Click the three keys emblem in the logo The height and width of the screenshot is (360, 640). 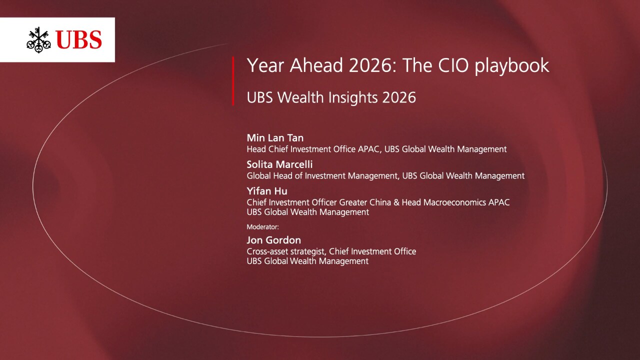(x=39, y=40)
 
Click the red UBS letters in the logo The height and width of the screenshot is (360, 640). (x=79, y=39)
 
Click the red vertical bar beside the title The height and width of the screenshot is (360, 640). (x=233, y=81)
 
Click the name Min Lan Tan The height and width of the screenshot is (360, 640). (x=275, y=138)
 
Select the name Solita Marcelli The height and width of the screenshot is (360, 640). (x=279, y=164)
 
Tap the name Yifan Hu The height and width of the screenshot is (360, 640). (x=267, y=191)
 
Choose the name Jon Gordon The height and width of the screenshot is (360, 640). (x=273, y=240)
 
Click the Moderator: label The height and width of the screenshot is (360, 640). (x=263, y=227)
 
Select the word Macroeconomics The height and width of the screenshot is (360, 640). (x=454, y=202)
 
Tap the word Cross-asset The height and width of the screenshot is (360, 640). (x=267, y=251)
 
